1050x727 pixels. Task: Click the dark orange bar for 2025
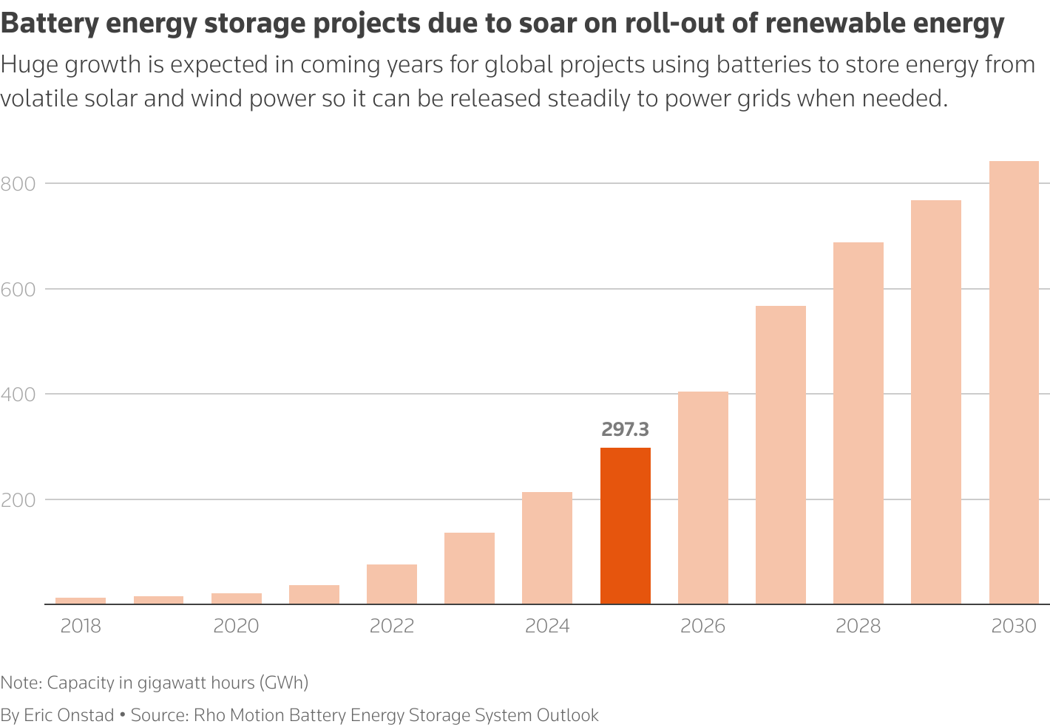pyautogui.click(x=625, y=525)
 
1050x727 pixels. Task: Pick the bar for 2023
pyautogui.click(x=469, y=568)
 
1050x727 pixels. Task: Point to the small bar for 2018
pyautogui.click(x=81, y=601)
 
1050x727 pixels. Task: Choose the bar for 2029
pyautogui.click(x=935, y=402)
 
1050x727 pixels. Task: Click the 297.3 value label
pyautogui.click(x=625, y=429)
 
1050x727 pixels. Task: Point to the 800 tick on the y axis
pyautogui.click(x=18, y=183)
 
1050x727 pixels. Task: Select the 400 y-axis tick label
pyautogui.click(x=18, y=394)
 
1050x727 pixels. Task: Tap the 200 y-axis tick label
pyautogui.click(x=18, y=499)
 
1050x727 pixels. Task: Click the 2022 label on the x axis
pyautogui.click(x=392, y=627)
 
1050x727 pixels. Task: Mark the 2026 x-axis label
pyautogui.click(x=702, y=627)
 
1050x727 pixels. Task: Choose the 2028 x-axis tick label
pyautogui.click(x=858, y=627)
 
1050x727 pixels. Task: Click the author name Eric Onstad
pyautogui.click(x=69, y=715)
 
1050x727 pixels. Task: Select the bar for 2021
pyautogui.click(x=314, y=594)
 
